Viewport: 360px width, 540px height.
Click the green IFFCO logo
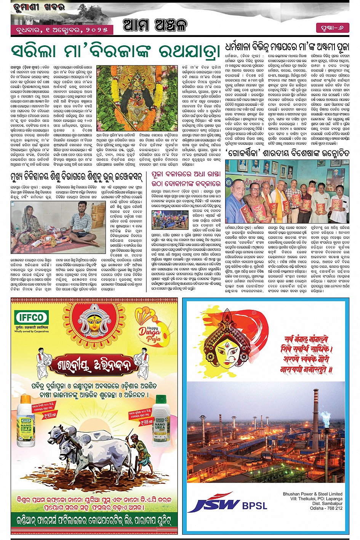(32, 317)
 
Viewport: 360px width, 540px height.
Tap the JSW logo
(214, 502)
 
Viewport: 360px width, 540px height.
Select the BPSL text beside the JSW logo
(255, 505)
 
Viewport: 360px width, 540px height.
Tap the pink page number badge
(332, 28)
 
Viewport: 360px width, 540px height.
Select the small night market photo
(170, 220)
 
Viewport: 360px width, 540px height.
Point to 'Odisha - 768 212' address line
(326, 508)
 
